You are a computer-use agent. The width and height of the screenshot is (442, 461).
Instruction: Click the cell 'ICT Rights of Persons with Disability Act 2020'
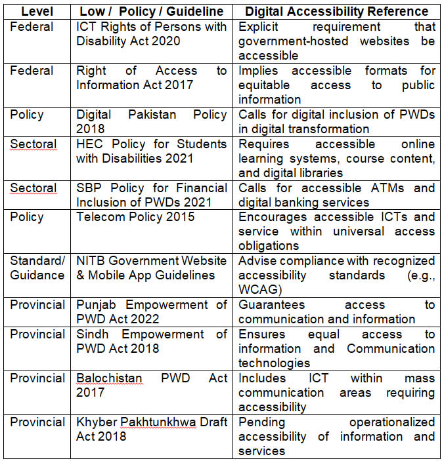(x=152, y=34)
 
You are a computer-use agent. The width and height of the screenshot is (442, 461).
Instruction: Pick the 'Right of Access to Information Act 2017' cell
(x=152, y=77)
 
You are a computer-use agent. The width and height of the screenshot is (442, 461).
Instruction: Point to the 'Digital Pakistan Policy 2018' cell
(x=152, y=121)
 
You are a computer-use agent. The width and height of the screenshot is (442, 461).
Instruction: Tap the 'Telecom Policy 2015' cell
(x=136, y=217)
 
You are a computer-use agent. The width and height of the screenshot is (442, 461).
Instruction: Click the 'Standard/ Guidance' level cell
(x=37, y=268)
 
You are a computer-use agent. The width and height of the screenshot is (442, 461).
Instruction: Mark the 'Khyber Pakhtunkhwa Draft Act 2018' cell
(x=152, y=429)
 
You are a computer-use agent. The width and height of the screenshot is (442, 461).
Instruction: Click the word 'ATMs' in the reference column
(x=391, y=188)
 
